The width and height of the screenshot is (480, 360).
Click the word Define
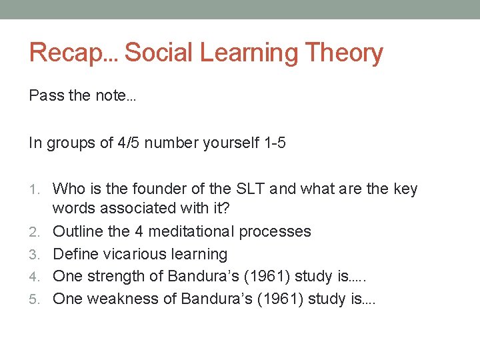click(73, 255)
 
